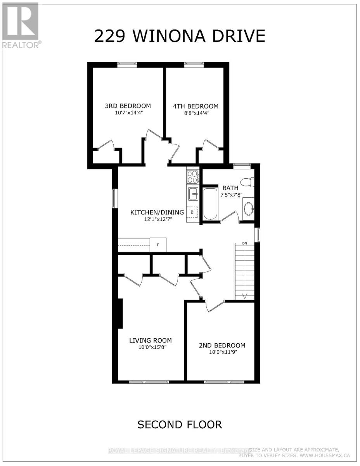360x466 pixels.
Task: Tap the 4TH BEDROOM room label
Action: pos(195,106)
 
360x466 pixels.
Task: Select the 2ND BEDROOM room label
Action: pos(222,346)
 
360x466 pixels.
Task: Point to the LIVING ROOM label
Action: pos(151,341)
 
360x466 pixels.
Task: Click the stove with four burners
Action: pos(192,177)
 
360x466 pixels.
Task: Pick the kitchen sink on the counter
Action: pos(192,193)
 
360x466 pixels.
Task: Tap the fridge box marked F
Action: pos(158,245)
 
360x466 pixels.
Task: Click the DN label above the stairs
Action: pos(244,243)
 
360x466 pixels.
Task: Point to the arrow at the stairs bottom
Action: pos(245,296)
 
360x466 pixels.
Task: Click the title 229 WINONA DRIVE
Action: pos(180,36)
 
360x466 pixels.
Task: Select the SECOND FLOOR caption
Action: pos(180,424)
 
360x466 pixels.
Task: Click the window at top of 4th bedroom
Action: pos(191,65)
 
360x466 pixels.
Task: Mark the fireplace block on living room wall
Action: pos(120,313)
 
